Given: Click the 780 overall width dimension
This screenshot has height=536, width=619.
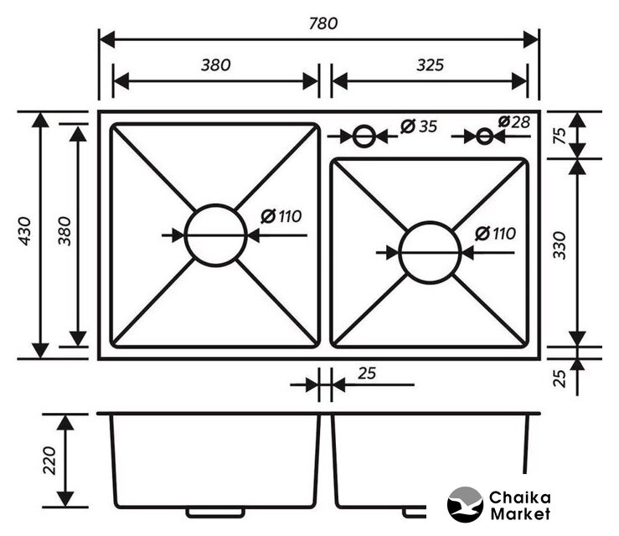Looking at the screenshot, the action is point(323,23).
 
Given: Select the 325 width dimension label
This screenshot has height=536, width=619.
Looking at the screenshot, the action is point(430,64).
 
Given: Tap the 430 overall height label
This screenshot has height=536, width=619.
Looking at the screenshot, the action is point(25,231).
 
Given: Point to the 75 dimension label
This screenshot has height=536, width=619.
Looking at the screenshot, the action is point(560,136).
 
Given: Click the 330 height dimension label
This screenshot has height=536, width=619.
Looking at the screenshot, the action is point(559,245).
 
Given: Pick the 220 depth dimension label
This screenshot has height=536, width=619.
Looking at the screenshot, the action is point(49,461).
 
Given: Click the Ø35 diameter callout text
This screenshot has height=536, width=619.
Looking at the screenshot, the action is point(419,126).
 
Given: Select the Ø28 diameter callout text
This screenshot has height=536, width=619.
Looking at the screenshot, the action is point(513,122).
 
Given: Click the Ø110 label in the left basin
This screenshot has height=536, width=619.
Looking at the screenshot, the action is point(281,216).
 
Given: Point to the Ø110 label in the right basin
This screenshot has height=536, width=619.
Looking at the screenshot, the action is point(495,234).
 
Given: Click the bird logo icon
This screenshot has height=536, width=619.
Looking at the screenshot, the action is point(465,504).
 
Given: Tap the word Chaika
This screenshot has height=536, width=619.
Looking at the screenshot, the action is point(519,497).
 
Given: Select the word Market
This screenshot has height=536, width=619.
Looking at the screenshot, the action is point(519,514).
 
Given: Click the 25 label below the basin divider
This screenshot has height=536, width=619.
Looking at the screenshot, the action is point(367,374).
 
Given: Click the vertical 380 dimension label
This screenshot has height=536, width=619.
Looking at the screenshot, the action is point(64,231).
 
